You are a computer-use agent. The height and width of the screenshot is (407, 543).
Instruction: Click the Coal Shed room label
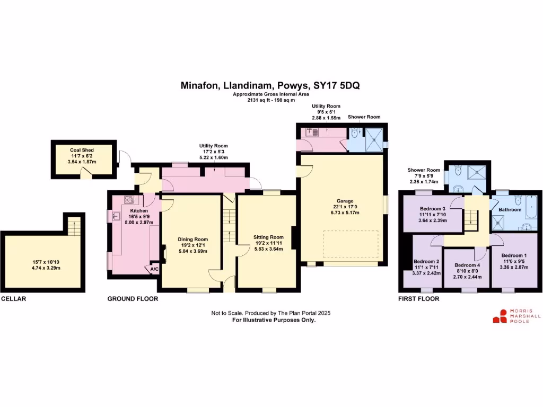(82, 150)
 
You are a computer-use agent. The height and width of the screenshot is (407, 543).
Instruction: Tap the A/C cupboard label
(154, 269)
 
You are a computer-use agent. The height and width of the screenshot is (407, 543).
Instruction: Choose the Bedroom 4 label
(467, 265)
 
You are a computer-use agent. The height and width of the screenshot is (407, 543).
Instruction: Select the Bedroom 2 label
(426, 261)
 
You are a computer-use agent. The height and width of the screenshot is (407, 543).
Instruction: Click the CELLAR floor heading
(14, 299)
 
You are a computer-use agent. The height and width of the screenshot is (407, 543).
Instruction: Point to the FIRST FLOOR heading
(419, 299)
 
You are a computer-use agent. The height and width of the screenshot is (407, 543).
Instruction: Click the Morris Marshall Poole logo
(516, 316)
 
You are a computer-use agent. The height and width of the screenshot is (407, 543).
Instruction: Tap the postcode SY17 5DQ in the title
(337, 85)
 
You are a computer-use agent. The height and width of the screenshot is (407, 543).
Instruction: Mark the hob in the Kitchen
(129, 200)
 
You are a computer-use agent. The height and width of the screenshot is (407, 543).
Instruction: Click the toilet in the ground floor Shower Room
(356, 134)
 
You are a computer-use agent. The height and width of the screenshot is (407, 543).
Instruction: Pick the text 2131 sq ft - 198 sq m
(271, 100)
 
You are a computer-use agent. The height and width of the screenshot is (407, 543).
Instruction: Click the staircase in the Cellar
(73, 226)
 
